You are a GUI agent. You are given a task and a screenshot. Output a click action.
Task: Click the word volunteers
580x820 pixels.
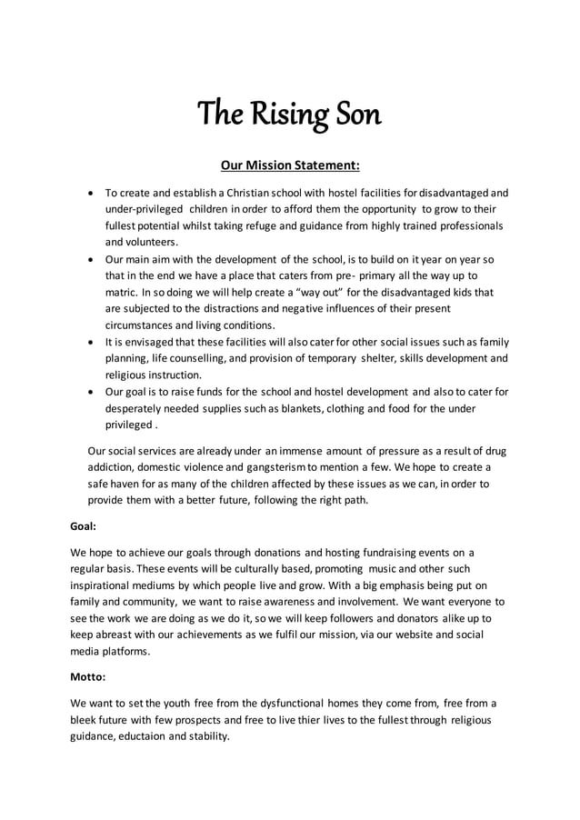pos(141,242)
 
